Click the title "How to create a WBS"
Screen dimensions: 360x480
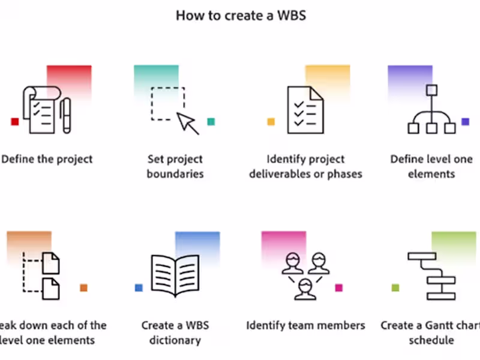pos(241,16)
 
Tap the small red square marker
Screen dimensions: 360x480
pos(15,122)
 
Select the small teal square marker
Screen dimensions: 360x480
pos(211,122)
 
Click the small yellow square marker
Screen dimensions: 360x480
pos(271,122)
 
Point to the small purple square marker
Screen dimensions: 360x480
pos(465,122)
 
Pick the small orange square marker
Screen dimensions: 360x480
pos(83,288)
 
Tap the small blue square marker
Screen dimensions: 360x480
pos(139,288)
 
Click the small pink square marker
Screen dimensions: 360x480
pos(338,288)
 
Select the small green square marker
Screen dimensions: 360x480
pos(395,288)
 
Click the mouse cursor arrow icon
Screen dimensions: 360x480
pos(188,123)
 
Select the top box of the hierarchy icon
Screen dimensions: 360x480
pos(431,91)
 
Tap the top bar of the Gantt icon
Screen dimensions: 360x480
pos(421,256)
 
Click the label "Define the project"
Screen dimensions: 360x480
pos(47,159)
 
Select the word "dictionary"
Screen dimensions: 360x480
pos(175,340)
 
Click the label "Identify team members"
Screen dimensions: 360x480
pos(305,325)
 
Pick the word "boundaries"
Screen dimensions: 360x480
pos(175,174)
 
